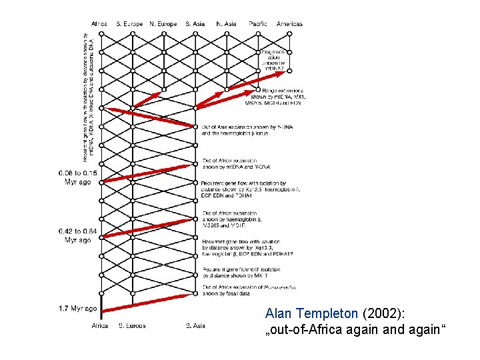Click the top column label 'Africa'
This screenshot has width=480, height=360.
pyautogui.click(x=99, y=24)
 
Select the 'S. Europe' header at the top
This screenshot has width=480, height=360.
pyautogui.click(x=129, y=24)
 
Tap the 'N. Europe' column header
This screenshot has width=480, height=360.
pyautogui.click(x=163, y=24)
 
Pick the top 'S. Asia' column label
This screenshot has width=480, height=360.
pyautogui.click(x=195, y=24)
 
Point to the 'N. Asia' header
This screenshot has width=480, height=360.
pyautogui.click(x=227, y=24)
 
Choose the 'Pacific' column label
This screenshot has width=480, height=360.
pyautogui.click(x=258, y=24)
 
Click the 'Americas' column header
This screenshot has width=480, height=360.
pyautogui.click(x=289, y=24)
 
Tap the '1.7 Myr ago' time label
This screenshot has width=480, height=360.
pyautogui.click(x=77, y=309)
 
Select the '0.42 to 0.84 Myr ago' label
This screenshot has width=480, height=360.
pyautogui.click(x=77, y=235)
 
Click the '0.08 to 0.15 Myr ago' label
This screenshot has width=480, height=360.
pyautogui.click(x=77, y=177)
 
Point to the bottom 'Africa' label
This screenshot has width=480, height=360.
pyautogui.click(x=99, y=326)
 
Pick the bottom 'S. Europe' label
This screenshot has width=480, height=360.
pyautogui.click(x=131, y=326)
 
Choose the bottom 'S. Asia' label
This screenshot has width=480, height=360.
pyautogui.click(x=195, y=326)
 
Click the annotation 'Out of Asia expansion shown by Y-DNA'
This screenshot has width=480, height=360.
pyautogui.click(x=237, y=129)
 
